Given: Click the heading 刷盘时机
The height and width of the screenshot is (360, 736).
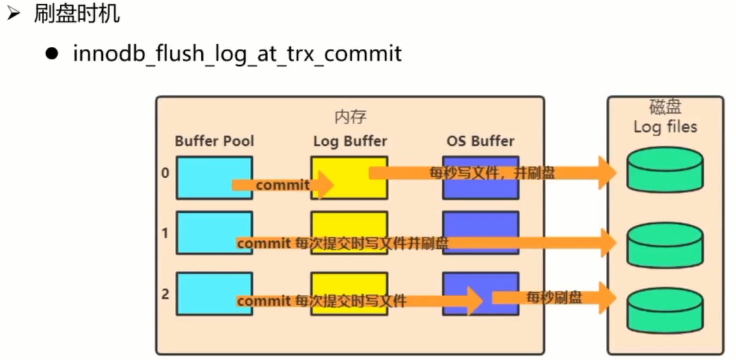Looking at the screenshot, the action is coord(77,14).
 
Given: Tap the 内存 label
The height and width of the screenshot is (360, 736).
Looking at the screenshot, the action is coord(350,117).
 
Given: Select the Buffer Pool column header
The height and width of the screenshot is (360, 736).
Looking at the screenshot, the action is coord(215,141).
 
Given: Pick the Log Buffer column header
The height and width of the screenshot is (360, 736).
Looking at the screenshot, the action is coord(350,141).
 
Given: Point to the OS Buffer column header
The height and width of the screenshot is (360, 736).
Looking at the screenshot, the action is coord(481,141).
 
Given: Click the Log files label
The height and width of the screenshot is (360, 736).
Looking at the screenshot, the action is coord(665,127).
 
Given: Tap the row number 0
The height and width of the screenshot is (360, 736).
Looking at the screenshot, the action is coord(165,173).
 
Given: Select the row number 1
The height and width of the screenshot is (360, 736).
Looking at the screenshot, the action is coord(165,233).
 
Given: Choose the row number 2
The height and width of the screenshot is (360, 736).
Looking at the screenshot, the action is coord(165,294).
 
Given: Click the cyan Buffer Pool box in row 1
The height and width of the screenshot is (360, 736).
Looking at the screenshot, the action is coord(215,233).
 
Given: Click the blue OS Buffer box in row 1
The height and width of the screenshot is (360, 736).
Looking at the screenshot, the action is coord(481,233).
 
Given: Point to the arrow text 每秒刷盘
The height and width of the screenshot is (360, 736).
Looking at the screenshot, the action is coord(554,297).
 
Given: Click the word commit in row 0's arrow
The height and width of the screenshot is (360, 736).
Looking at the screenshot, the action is coord(283,185).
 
